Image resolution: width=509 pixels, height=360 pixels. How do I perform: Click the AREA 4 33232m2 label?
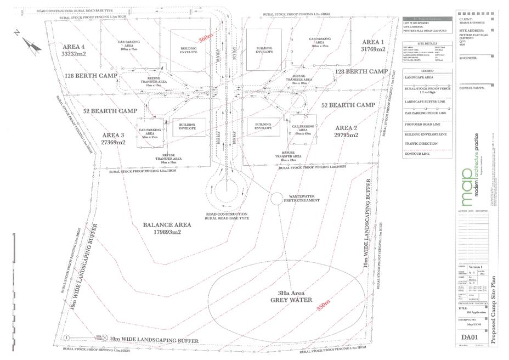click(x=75, y=49)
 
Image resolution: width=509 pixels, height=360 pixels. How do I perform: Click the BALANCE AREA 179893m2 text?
click(x=167, y=228)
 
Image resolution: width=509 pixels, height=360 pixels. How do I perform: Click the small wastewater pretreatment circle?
click(x=277, y=196)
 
